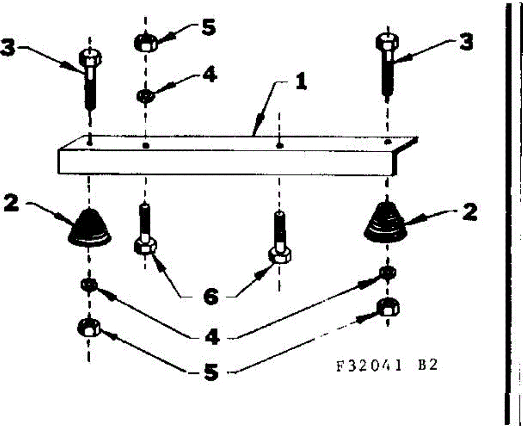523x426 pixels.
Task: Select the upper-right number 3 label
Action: coord(465,43)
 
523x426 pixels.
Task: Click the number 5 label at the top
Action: coord(208,28)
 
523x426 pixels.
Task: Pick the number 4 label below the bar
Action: coord(212,337)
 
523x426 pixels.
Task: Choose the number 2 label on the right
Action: coord(469,213)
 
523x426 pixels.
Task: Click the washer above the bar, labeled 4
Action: coord(145,95)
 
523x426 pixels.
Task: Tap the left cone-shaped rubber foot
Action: coord(90,225)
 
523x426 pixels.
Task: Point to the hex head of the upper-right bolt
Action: coord(387,42)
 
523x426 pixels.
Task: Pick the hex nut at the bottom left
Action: coord(89,328)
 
